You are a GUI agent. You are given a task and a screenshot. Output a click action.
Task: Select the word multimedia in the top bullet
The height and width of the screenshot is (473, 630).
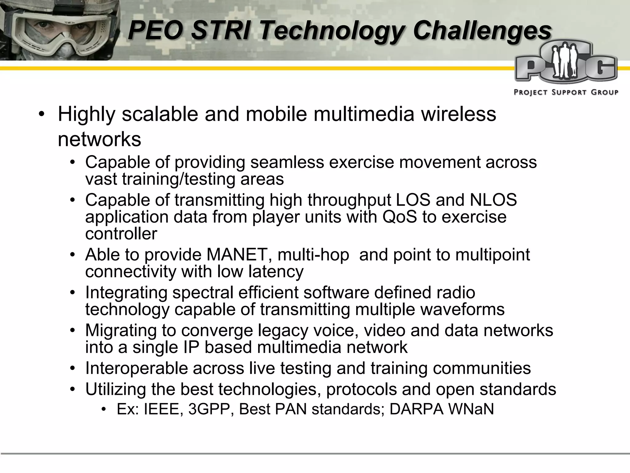coord(364,114)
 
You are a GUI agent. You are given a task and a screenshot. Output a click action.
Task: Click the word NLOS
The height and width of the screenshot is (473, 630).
coord(493,200)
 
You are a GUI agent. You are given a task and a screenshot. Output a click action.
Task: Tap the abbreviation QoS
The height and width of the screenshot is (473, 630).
coord(400,217)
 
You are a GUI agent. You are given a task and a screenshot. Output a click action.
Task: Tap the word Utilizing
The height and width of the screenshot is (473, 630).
coord(115,389)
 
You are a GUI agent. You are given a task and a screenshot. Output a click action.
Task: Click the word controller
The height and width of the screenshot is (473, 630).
coord(121,234)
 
